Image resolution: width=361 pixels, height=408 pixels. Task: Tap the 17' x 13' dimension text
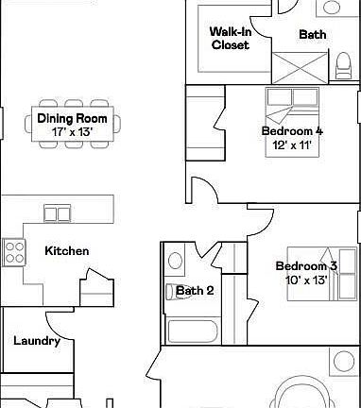pos(72,132)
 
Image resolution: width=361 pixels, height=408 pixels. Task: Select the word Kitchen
pos(67,250)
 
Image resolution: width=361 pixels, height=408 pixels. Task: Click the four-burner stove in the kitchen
pos(15,250)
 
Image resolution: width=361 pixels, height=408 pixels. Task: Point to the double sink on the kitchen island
pos(57,214)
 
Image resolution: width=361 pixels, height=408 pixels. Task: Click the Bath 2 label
pos(195,291)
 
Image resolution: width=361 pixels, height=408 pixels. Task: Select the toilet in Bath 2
pos(176,258)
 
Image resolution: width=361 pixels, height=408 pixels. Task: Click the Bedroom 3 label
pos(305,266)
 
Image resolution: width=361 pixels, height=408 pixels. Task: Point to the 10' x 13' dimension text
pos(305,280)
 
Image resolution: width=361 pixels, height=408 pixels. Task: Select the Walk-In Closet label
pos(230,38)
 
